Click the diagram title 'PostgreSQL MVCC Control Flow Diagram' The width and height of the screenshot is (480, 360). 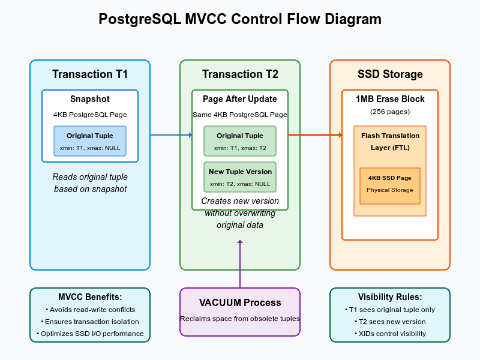[240, 19]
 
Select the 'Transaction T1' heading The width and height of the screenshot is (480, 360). [90, 74]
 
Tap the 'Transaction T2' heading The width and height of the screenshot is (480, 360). [240, 74]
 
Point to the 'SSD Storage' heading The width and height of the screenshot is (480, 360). [390, 74]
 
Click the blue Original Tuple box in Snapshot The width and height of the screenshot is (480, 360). [90, 141]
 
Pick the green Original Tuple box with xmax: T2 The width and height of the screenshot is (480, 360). [240, 141]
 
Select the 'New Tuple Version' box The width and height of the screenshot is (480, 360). [240, 177]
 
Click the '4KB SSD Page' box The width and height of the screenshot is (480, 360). [390, 186]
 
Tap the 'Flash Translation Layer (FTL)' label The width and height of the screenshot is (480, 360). [390, 142]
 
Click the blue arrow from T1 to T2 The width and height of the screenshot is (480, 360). [171, 135]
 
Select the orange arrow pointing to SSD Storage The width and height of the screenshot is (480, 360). [316, 135]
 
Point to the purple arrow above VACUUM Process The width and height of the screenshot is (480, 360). [240, 264]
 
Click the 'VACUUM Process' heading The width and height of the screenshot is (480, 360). [240, 303]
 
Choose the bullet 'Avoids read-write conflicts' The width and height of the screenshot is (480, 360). [91, 310]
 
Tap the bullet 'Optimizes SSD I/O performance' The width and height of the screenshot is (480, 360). [91, 334]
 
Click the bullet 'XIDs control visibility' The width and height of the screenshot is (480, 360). [391, 334]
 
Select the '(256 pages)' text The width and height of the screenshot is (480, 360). [390, 112]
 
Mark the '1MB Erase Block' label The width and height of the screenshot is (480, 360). [390, 99]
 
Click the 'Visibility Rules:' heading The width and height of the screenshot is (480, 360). [390, 297]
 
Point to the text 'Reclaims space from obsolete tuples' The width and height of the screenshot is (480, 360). [240, 319]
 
